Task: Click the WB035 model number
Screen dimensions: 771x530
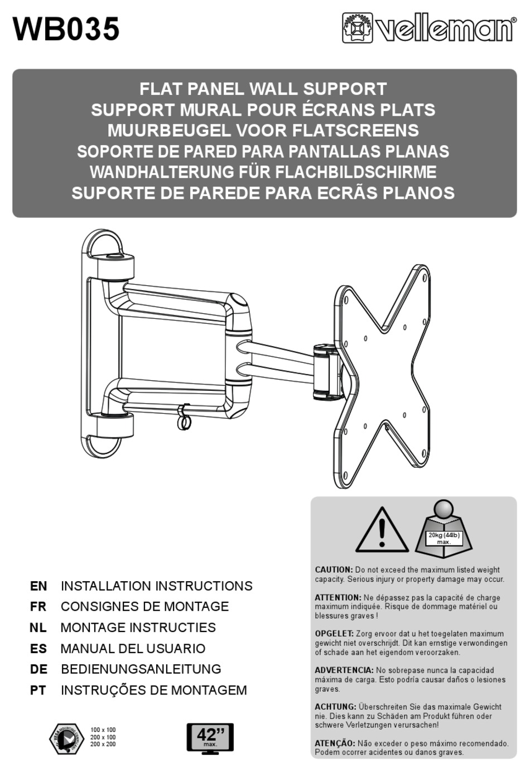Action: (x=66, y=29)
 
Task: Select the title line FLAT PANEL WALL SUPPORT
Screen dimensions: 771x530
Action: (x=263, y=89)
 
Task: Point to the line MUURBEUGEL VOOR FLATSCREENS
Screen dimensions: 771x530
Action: (x=263, y=131)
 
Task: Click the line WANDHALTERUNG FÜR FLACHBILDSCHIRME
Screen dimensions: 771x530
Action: (x=263, y=172)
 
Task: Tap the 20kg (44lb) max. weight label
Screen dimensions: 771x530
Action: (x=444, y=538)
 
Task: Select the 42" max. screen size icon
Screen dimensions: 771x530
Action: (x=210, y=739)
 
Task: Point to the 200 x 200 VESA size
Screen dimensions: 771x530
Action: (x=103, y=744)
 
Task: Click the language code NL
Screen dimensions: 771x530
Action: (x=38, y=628)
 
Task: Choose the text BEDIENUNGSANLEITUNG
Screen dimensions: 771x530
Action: (x=141, y=669)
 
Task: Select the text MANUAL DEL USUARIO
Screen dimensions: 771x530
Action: (x=133, y=649)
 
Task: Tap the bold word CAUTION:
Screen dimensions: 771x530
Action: (x=334, y=570)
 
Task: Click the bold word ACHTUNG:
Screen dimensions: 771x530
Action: (x=335, y=707)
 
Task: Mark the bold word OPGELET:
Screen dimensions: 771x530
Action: (x=334, y=634)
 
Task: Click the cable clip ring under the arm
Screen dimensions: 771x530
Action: (x=184, y=419)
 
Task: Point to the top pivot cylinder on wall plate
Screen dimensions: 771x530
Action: (x=116, y=267)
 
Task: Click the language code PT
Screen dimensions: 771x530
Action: (x=38, y=690)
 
